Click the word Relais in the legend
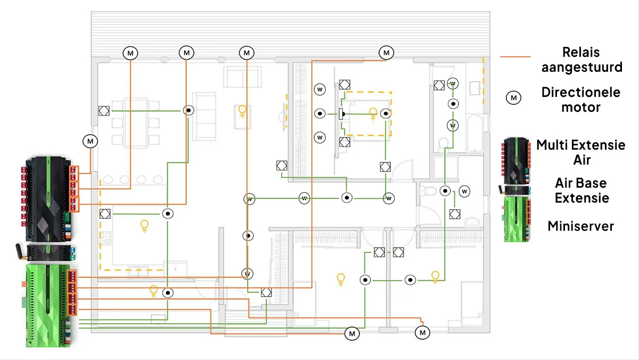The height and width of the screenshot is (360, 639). [x=580, y=53]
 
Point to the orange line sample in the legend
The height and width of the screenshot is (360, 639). [x=516, y=56]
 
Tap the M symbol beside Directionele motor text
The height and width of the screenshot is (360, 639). [x=514, y=98]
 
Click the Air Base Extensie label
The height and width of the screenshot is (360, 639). [x=580, y=190]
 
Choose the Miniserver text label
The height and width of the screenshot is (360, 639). [x=580, y=226]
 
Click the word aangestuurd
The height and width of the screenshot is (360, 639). [x=581, y=68]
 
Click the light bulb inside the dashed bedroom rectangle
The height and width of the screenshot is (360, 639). [x=373, y=112]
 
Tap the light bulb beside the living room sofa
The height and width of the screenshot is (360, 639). [x=242, y=111]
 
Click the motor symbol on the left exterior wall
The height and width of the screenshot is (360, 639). [x=90, y=141]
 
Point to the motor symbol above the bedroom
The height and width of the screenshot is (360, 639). [x=386, y=53]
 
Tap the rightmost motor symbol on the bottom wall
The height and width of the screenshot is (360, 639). [x=423, y=333]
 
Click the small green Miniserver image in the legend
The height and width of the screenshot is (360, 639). [x=516, y=218]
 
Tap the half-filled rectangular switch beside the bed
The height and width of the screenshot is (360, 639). [x=340, y=113]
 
